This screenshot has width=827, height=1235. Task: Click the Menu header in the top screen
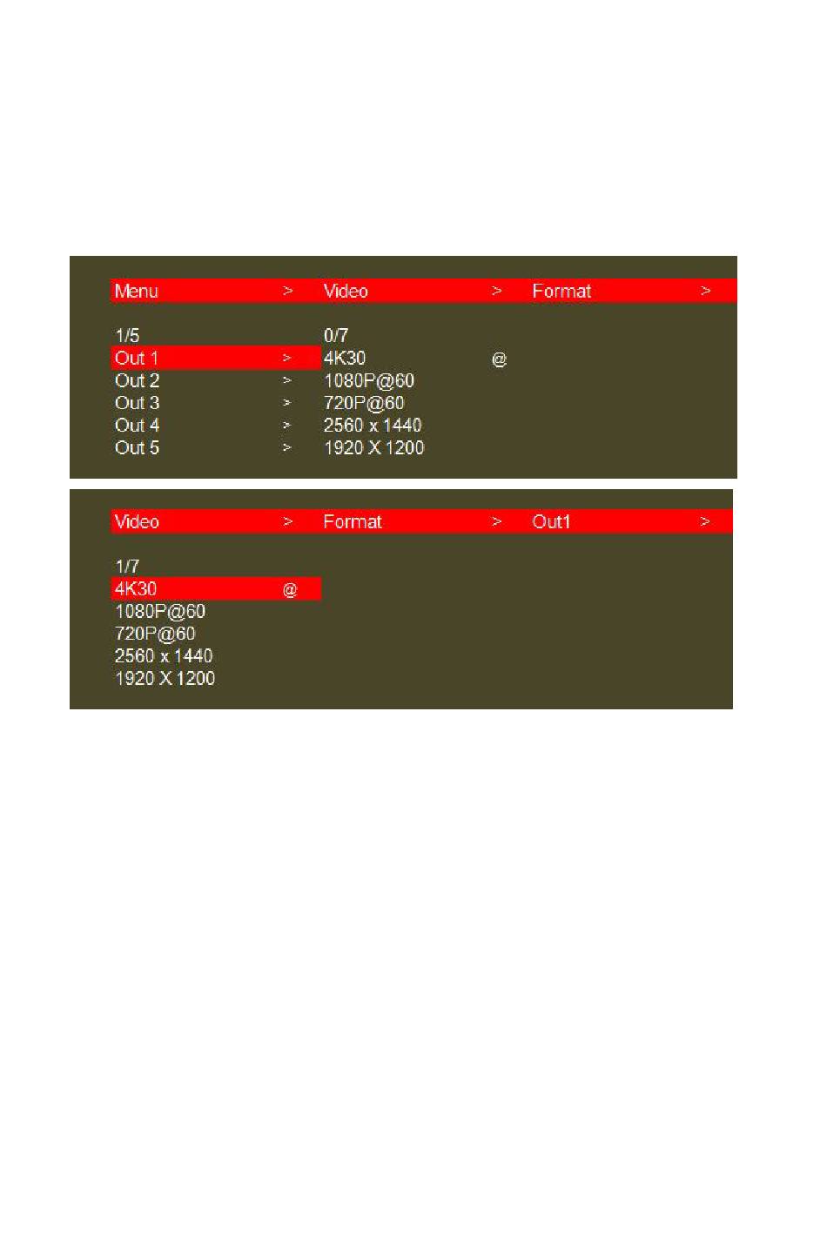137,292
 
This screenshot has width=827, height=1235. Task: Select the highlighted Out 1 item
137,358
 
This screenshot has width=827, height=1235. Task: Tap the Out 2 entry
138,380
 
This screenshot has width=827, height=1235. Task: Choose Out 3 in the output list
138,403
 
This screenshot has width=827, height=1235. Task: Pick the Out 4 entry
138,426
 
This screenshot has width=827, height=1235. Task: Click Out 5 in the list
138,448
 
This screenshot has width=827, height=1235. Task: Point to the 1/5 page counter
127,335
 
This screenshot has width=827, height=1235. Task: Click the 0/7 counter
336,335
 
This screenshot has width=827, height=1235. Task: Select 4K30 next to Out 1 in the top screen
345,358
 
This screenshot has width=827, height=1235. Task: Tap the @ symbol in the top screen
499,359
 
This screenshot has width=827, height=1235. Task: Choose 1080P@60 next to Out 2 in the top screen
369,380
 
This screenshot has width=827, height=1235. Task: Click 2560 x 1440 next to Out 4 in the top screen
373,426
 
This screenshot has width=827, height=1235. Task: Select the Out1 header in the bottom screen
551,522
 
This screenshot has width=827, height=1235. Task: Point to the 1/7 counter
127,566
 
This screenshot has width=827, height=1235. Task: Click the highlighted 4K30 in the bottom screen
136,588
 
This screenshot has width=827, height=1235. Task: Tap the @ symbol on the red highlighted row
290,590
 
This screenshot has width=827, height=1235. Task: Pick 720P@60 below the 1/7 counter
155,634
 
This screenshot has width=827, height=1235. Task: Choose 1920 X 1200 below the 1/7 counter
165,679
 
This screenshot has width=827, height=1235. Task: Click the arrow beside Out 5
286,448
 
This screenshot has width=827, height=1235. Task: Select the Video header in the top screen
346,292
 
